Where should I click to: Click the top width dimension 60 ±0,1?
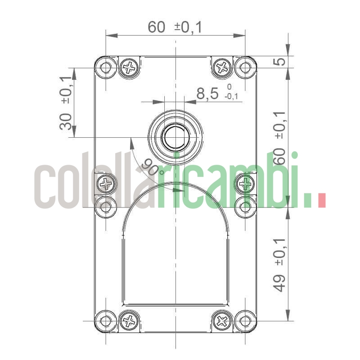[175, 27]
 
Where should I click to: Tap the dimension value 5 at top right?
[280, 61]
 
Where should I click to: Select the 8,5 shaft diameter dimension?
[207, 94]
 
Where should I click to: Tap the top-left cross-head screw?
[130, 68]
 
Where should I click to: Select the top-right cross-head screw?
[222, 68]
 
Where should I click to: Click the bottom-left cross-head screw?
[130, 321]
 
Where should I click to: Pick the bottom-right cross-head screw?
[222, 321]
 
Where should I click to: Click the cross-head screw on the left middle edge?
[106, 183]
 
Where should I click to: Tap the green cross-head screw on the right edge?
[245, 183]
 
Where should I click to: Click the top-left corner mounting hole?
[106, 67]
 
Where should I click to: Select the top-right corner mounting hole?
[245, 67]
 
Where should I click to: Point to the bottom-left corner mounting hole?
[106, 321]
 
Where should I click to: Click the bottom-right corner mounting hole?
[245, 321]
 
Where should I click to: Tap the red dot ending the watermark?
[321, 201]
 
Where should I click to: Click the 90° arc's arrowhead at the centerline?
[181, 190]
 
